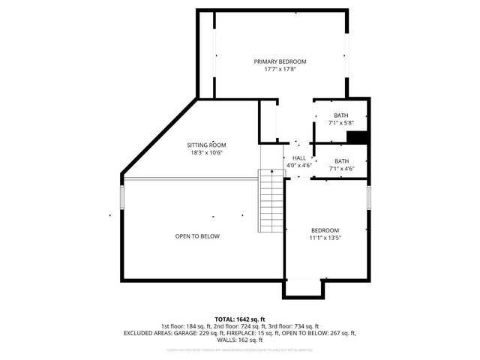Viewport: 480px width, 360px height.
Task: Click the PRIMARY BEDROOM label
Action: [x=280, y=61]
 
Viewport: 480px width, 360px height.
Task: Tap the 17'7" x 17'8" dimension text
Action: [x=280, y=70]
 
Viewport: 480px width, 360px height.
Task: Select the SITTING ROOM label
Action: [x=206, y=145]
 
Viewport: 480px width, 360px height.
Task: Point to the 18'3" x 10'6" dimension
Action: [x=206, y=153]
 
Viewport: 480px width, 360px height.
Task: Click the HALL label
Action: [x=299, y=158]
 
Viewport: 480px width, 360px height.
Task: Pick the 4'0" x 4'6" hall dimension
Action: [x=299, y=166]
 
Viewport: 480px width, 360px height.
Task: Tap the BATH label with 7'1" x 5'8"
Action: [x=341, y=115]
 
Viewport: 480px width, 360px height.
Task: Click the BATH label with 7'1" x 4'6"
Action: [x=341, y=161]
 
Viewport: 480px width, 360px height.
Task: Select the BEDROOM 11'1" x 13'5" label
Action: [x=325, y=230]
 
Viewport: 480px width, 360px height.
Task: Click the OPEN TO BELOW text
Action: [x=197, y=236]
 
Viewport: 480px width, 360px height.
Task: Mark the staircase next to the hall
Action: [x=269, y=201]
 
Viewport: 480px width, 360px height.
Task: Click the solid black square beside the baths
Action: [x=357, y=136]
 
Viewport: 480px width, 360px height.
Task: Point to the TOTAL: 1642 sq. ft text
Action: [x=240, y=319]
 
